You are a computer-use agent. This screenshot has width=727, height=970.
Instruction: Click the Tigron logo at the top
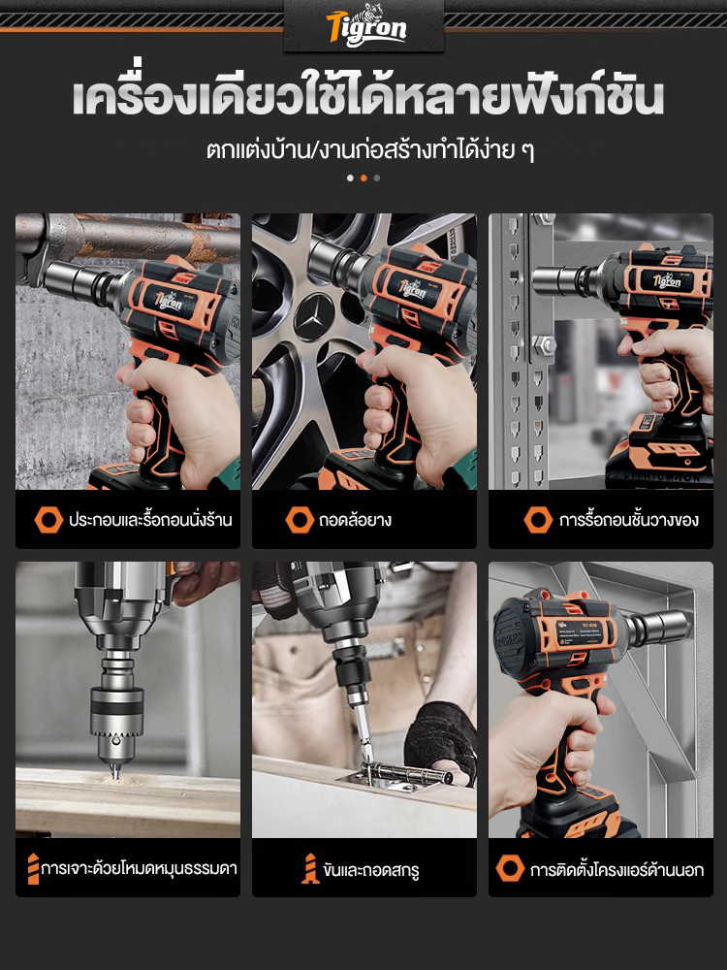[366, 26]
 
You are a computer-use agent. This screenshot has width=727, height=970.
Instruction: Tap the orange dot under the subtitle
[363, 178]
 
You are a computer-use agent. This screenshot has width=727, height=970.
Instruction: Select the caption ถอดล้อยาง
[355, 520]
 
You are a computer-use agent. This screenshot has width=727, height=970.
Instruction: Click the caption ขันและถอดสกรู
[370, 869]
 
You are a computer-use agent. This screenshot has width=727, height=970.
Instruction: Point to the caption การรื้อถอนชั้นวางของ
[629, 520]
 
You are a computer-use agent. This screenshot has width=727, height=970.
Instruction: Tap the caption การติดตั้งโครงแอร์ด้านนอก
[616, 870]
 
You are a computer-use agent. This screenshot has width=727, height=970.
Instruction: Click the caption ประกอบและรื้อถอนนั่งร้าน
[150, 520]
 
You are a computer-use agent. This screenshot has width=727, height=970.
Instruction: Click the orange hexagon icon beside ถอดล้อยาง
[300, 520]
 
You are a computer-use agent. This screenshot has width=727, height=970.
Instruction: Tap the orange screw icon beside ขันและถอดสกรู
[310, 868]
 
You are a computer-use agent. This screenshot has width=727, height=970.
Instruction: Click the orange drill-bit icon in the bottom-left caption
[33, 868]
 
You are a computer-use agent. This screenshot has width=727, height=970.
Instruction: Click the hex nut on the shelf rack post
[544, 343]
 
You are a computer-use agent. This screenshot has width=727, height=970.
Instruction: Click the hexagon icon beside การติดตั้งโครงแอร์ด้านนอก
[510, 868]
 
